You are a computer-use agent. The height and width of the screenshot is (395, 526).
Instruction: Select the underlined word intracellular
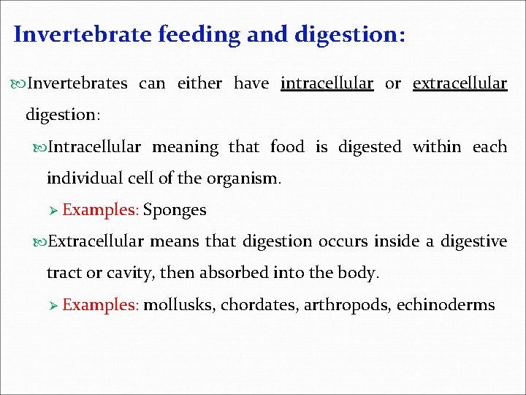point(327,83)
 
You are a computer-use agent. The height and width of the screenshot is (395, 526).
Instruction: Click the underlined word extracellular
point(460,83)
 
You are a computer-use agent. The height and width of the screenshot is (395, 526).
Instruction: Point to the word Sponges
point(175,210)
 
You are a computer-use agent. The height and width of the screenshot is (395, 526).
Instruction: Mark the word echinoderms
point(446,304)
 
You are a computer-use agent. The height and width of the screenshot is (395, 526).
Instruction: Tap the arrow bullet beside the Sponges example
point(53,211)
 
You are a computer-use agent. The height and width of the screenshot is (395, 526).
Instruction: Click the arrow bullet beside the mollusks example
point(53,305)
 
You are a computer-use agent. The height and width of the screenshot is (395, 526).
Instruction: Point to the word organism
point(243,178)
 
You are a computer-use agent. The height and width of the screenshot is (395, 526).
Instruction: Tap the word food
point(287,147)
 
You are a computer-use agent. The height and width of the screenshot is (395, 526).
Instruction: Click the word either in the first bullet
point(199,83)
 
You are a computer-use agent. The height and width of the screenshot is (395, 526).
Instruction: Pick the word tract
point(62,273)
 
